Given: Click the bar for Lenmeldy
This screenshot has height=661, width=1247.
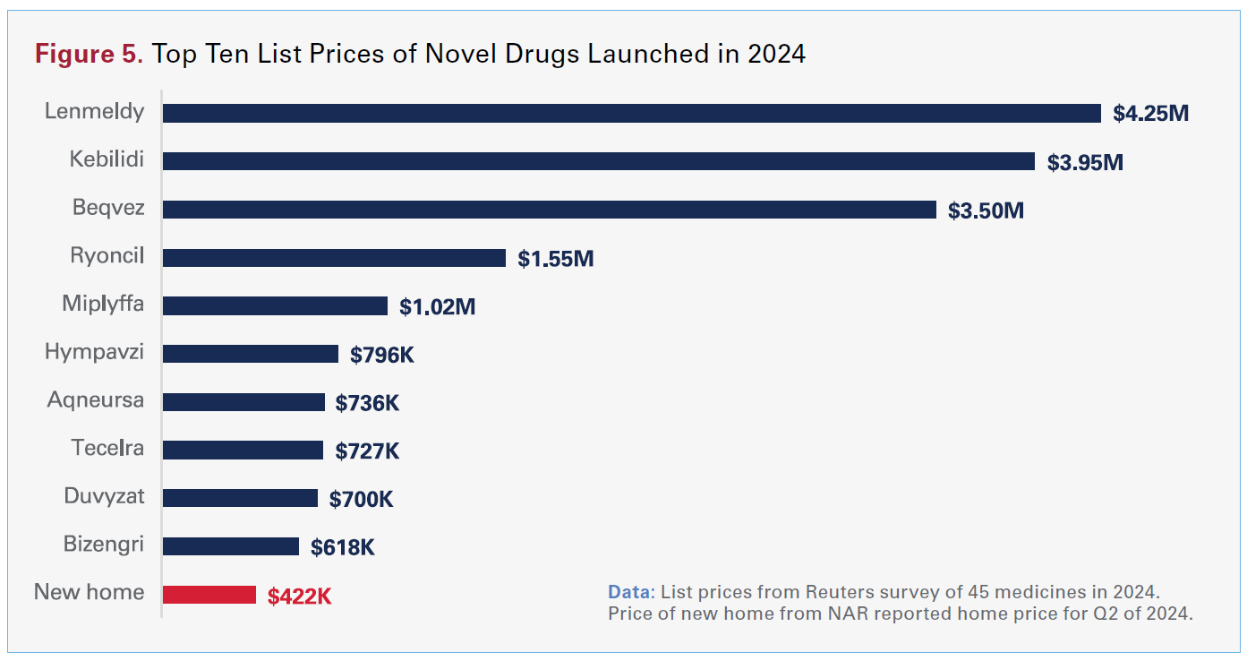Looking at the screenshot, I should [x=631, y=113].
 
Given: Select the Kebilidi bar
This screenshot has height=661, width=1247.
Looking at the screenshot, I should [x=598, y=161].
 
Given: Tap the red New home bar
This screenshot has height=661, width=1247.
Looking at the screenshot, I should [x=209, y=595].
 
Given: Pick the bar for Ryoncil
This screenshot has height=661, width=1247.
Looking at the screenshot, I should [x=334, y=258].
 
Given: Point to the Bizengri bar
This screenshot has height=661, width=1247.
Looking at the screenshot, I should [x=230, y=546].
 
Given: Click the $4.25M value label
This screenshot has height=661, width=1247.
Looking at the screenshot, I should [x=1150, y=114].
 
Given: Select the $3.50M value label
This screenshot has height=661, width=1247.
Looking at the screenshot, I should [x=986, y=210].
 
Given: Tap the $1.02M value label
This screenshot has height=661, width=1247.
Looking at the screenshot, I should [x=437, y=307].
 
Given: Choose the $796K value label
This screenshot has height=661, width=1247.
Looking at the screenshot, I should [x=382, y=355].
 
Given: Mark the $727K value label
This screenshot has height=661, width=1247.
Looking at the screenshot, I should [x=367, y=451].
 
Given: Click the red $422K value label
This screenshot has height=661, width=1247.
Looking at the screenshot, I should [x=299, y=597].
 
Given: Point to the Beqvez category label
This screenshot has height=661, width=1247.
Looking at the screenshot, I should [x=108, y=208].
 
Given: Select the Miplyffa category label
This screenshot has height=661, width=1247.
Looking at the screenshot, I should [x=103, y=304].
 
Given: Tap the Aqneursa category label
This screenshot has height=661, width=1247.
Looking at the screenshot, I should [x=95, y=399].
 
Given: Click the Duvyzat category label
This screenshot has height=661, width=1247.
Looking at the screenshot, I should [x=104, y=495].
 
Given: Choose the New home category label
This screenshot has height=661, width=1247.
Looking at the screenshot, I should [x=89, y=592].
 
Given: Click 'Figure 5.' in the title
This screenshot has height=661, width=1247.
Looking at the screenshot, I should [x=89, y=54].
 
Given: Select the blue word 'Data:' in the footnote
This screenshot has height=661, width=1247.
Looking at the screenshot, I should [x=631, y=592].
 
